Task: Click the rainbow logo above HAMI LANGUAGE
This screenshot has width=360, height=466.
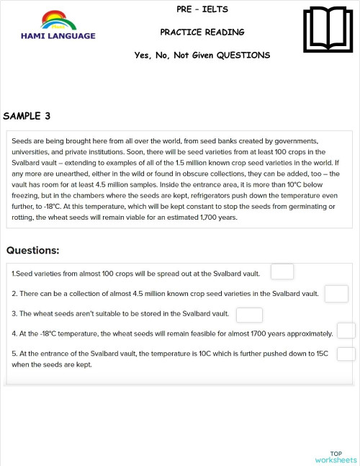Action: [x=59, y=20]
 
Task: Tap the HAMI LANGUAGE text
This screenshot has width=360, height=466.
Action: [x=58, y=35]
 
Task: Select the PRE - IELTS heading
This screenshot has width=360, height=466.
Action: [x=202, y=9]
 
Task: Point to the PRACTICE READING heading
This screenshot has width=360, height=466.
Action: [x=202, y=32]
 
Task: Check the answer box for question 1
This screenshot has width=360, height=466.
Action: [x=282, y=272]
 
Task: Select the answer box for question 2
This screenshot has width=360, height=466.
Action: [x=336, y=294]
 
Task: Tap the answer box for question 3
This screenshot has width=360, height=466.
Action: [x=249, y=315]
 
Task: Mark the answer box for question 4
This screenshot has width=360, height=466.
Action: [x=346, y=331]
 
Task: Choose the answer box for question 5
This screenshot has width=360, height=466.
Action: [x=346, y=354]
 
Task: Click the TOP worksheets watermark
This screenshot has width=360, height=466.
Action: [x=336, y=457]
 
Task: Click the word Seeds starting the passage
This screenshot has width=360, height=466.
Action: [x=22, y=141]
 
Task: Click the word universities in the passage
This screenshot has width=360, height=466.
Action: [x=32, y=152]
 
